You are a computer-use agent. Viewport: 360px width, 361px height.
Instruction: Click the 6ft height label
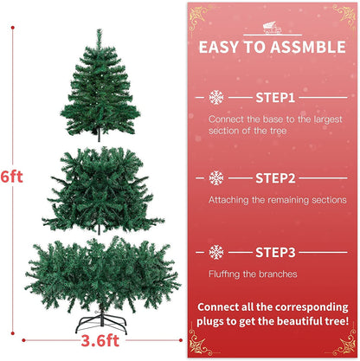[x=11, y=177]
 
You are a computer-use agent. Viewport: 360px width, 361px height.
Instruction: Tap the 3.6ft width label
[x=100, y=341]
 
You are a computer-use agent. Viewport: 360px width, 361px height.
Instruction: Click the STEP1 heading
[x=275, y=98]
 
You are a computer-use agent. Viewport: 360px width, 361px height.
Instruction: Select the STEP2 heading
[x=275, y=178]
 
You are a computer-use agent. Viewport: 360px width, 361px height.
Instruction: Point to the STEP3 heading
[x=275, y=253]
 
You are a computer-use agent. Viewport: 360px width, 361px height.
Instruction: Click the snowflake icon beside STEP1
[x=216, y=98]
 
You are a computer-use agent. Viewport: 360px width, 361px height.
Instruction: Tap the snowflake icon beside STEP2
[x=216, y=178]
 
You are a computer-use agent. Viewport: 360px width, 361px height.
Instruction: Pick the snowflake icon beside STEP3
[x=216, y=252]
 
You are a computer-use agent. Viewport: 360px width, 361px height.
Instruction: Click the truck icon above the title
[x=272, y=28]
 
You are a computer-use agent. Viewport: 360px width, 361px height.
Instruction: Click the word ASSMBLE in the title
[x=308, y=48]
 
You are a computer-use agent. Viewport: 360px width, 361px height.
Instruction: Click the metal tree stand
[x=101, y=323]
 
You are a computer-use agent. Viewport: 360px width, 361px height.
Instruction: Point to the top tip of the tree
[x=99, y=29]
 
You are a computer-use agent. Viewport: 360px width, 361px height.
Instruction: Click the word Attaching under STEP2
[x=228, y=200]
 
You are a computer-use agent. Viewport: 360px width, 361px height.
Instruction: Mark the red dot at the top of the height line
[x=13, y=28]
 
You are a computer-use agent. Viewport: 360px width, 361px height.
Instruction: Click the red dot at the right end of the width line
[x=181, y=340]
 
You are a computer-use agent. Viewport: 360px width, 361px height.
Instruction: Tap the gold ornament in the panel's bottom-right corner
[x=344, y=344]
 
